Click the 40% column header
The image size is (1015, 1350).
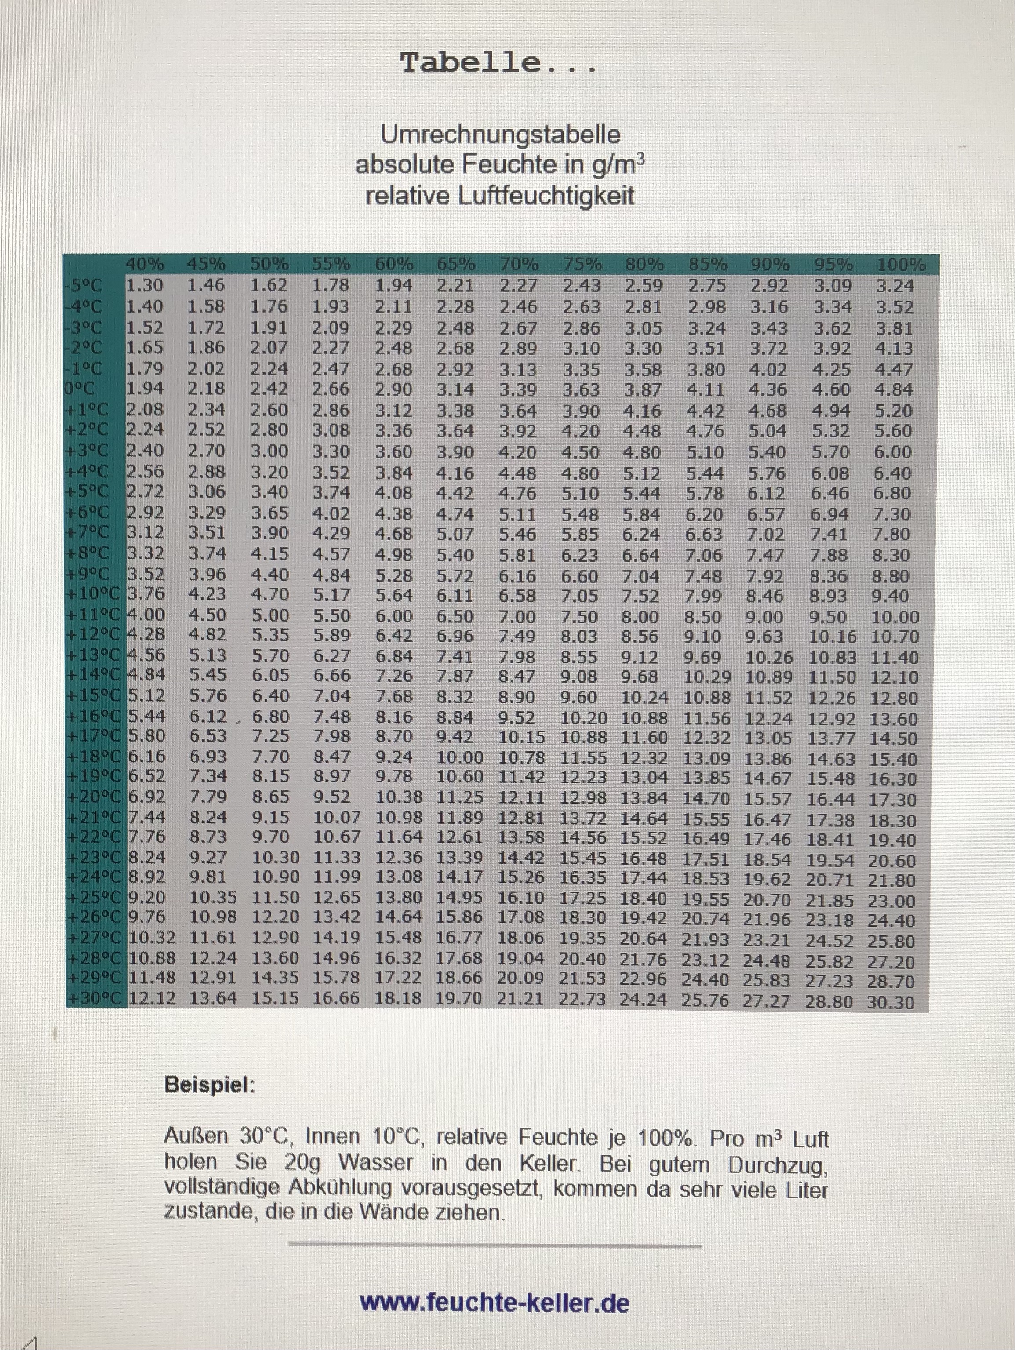tap(145, 265)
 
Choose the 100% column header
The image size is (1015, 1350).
tap(900, 266)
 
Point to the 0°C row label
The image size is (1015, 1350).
tap(83, 389)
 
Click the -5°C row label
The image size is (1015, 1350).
tap(84, 286)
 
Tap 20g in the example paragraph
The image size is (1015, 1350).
tap(302, 1161)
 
